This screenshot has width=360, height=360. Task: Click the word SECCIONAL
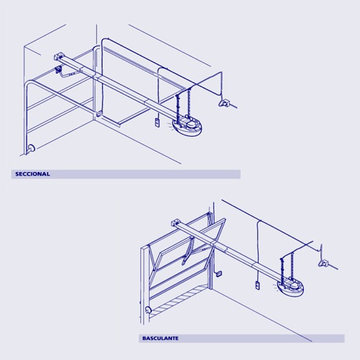32,174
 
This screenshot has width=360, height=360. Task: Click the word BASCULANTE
160,338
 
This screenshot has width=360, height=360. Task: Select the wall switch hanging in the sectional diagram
156,124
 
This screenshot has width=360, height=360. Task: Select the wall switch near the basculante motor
256,287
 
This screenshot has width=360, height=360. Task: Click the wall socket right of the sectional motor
227,104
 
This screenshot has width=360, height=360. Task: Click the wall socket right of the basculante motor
326,264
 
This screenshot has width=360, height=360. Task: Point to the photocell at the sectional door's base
32,148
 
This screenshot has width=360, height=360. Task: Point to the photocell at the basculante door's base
148,310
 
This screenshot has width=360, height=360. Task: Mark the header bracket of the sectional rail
60,55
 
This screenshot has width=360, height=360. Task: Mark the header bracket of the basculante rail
176,222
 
